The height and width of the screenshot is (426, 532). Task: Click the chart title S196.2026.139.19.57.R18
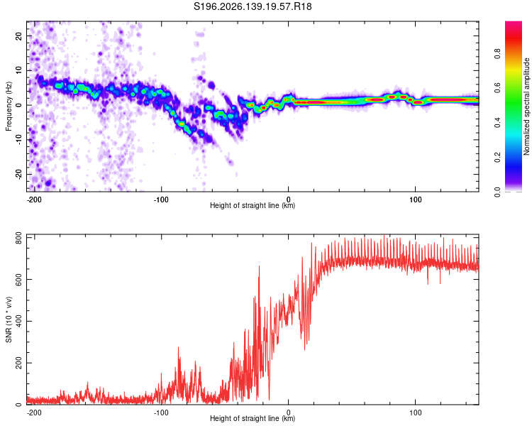253,6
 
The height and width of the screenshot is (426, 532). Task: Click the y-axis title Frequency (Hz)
9,106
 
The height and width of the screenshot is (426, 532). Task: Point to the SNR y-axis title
9,319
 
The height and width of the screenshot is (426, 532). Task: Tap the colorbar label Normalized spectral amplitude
526,106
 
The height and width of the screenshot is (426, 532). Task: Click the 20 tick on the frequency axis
18,35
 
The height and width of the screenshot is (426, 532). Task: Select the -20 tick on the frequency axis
18,174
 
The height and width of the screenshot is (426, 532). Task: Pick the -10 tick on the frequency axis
18,140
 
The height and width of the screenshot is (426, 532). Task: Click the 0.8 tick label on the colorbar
497,54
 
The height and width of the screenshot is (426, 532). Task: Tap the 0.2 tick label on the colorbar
497,158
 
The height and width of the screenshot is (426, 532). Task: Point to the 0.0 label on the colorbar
497,192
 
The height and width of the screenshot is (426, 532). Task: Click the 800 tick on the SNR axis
18,239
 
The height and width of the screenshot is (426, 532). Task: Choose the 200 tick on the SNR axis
18,363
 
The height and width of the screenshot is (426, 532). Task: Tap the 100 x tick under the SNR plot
415,413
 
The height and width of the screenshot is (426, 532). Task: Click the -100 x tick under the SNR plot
160,413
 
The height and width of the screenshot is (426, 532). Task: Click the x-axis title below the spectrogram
253,205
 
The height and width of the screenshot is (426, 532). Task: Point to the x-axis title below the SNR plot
253,418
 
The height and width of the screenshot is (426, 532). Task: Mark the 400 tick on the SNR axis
18,321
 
